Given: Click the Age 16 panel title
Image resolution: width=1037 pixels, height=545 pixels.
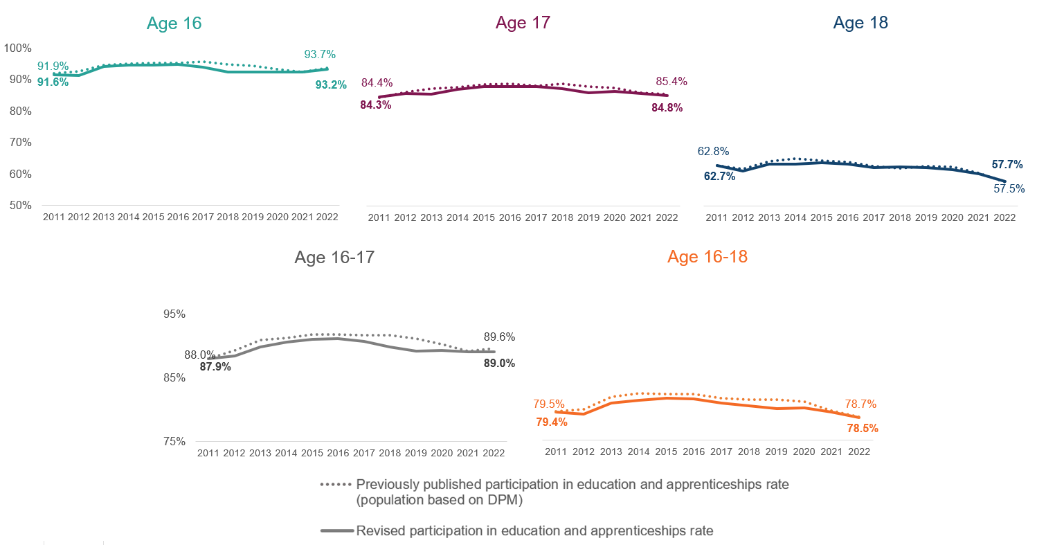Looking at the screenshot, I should click(x=174, y=23).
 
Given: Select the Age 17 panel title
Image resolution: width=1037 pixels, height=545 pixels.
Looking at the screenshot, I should click(x=523, y=23).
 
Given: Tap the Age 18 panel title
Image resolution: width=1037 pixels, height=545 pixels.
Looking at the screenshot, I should click(x=860, y=23).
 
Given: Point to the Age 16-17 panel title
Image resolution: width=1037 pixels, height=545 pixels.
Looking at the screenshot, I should click(x=335, y=258).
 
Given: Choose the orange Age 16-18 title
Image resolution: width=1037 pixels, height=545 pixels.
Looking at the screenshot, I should click(x=707, y=257).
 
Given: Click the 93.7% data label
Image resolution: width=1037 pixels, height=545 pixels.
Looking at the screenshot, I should click(x=320, y=55).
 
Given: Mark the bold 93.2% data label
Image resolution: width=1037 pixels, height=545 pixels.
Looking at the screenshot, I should click(x=331, y=85).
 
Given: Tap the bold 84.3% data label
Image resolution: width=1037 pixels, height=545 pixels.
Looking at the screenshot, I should click(x=376, y=105).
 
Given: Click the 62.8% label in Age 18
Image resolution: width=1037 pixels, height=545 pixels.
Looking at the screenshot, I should click(x=713, y=152).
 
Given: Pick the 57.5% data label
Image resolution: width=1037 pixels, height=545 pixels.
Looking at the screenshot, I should click(x=1008, y=188).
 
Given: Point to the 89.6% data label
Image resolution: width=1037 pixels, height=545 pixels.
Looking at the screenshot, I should click(x=499, y=337).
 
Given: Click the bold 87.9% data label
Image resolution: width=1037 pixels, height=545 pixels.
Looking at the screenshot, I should click(x=215, y=367).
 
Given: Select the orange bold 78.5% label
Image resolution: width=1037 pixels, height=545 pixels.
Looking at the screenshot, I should click(x=863, y=429).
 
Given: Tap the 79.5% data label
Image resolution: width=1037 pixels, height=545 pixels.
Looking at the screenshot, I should click(x=549, y=404).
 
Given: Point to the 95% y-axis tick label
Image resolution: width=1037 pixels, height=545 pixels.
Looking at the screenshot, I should click(x=174, y=314).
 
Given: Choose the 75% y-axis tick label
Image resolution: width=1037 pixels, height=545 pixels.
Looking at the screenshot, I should click(x=174, y=442).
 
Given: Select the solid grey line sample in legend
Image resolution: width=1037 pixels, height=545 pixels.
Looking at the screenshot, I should click(x=336, y=532).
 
